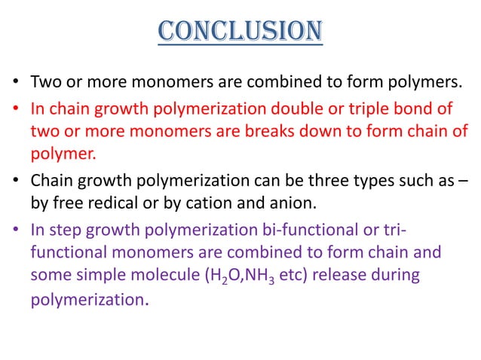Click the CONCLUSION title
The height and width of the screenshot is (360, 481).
click(240, 31)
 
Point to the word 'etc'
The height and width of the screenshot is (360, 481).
click(293, 276)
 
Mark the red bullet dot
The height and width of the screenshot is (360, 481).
click(15, 108)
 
